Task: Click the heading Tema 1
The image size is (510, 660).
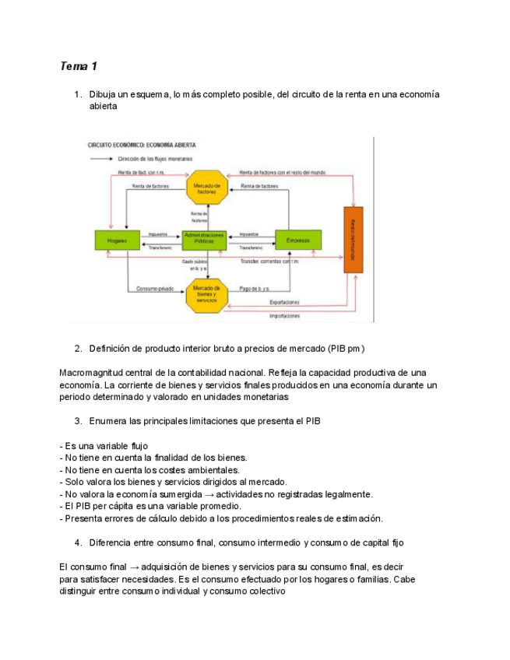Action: pyautogui.click(x=79, y=66)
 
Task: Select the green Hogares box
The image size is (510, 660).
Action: pyautogui.click(x=111, y=240)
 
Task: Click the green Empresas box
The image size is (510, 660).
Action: pyautogui.click(x=298, y=240)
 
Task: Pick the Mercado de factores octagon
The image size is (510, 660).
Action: pyautogui.click(x=206, y=188)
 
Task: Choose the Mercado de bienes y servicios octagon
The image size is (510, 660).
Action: pyautogui.click(x=206, y=293)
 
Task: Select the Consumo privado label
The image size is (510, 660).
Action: pyautogui.click(x=153, y=288)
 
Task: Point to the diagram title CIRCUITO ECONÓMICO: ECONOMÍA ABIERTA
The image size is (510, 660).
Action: pyautogui.click(x=141, y=145)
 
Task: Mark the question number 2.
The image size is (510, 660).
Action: pyautogui.click(x=79, y=348)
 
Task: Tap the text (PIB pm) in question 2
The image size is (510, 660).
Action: pyautogui.click(x=345, y=348)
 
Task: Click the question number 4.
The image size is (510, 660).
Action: pyautogui.click(x=79, y=542)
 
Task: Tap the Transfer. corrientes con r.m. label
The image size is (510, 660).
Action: pyautogui.click(x=269, y=262)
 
